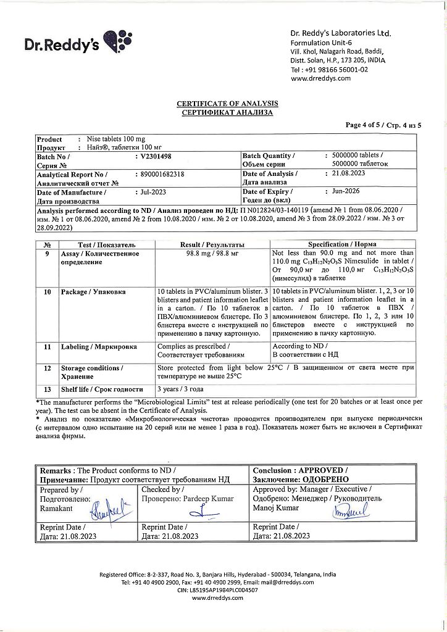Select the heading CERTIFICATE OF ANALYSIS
click(227, 104)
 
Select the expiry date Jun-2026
click(345, 192)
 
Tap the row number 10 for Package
click(48, 292)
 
